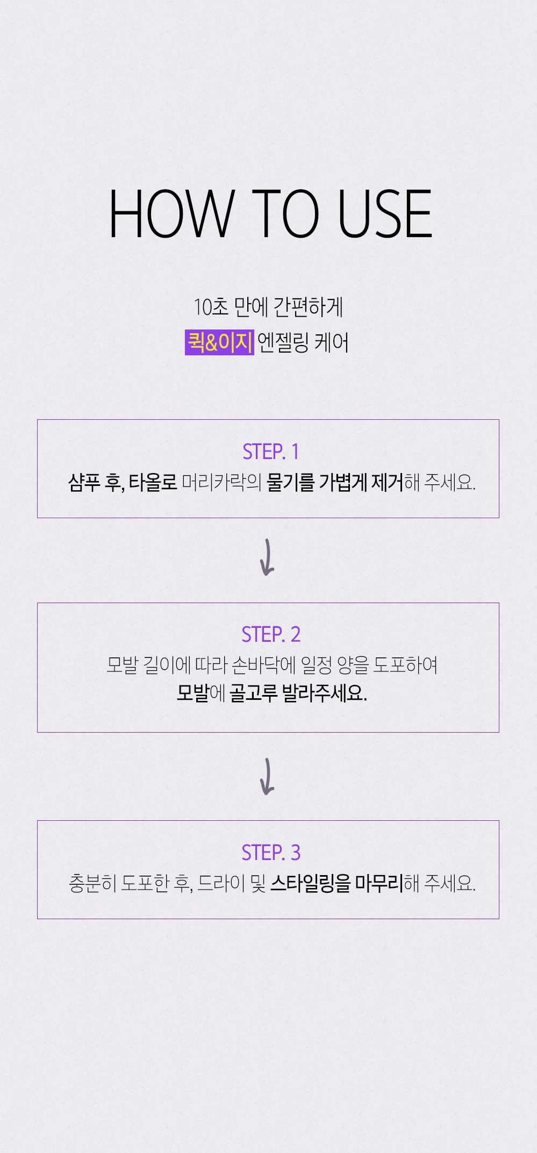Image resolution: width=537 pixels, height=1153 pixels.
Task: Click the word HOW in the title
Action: tap(171, 214)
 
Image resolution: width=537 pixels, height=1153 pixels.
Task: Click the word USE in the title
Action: tap(384, 214)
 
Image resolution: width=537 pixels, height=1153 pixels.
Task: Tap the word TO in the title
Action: tap(285, 214)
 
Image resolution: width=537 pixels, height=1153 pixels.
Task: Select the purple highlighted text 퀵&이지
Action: tap(219, 342)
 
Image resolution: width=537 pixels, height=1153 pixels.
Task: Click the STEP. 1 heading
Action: tap(270, 452)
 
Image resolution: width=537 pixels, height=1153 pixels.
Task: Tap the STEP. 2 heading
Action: tap(270, 635)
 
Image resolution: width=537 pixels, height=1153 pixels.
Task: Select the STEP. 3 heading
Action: tap(270, 853)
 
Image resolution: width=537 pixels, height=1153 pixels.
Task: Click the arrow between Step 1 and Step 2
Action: tap(267, 557)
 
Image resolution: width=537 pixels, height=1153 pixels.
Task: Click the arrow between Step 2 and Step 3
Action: tap(267, 776)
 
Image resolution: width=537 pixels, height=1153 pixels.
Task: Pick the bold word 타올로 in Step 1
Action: tap(153, 482)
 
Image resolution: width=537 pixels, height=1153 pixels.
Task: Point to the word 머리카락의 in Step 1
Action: tap(221, 482)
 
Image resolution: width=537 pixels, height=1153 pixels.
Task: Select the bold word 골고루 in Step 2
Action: tap(253, 693)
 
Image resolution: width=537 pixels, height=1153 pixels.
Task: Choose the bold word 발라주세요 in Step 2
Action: tap(324, 693)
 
